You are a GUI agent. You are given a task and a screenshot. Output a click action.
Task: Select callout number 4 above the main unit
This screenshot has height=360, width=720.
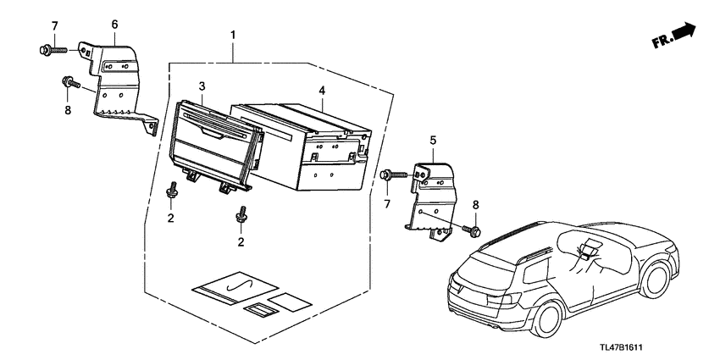tap(322, 90)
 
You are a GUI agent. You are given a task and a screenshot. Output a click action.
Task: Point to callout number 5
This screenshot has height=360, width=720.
tap(433, 138)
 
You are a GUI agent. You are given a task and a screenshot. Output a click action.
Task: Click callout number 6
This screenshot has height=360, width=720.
tap(115, 26)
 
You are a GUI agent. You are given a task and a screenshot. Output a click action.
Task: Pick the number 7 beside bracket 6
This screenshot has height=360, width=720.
tap(55, 26)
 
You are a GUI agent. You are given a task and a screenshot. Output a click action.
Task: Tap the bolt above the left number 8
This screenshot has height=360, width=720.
tap(68, 83)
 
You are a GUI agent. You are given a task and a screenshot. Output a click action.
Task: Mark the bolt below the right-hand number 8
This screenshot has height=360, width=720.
tap(474, 229)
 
